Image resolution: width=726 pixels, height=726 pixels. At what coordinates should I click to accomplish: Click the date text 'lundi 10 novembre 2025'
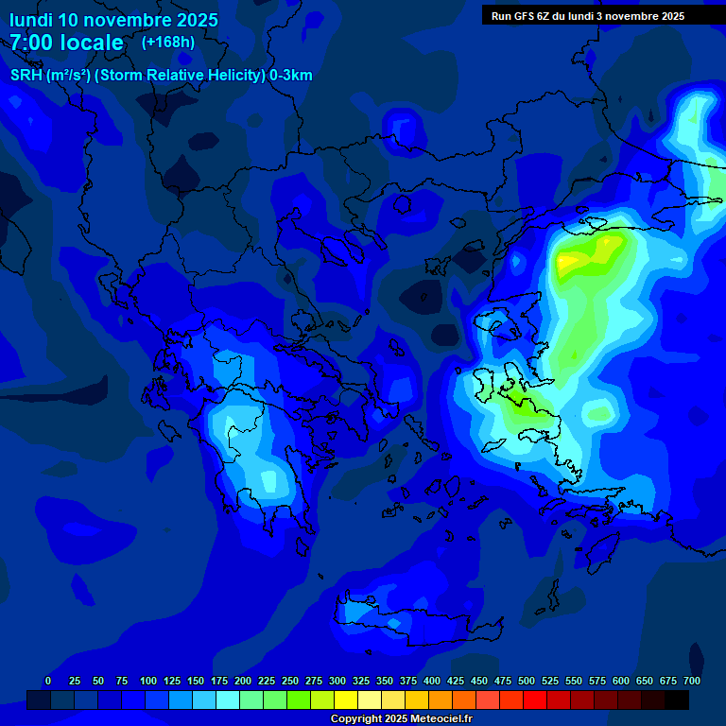tap(113, 20)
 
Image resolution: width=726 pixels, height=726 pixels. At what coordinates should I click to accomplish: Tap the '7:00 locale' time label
tap(66, 43)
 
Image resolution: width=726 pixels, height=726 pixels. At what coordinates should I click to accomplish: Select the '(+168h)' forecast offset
tap(168, 42)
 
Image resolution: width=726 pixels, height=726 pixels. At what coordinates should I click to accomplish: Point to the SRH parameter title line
tap(161, 76)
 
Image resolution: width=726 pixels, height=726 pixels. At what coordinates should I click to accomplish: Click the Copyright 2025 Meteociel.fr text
tap(401, 718)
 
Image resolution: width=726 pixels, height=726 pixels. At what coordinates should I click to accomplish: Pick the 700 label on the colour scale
tap(691, 681)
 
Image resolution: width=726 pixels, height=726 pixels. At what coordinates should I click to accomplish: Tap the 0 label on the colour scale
tap(48, 681)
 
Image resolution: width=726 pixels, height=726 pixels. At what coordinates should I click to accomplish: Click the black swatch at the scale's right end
tap(677, 700)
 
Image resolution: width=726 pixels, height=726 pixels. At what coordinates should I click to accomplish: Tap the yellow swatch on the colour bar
tap(346, 700)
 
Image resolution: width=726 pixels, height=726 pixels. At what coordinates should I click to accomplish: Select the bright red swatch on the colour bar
tap(535, 700)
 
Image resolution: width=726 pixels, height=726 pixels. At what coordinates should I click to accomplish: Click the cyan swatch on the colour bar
tap(228, 700)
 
